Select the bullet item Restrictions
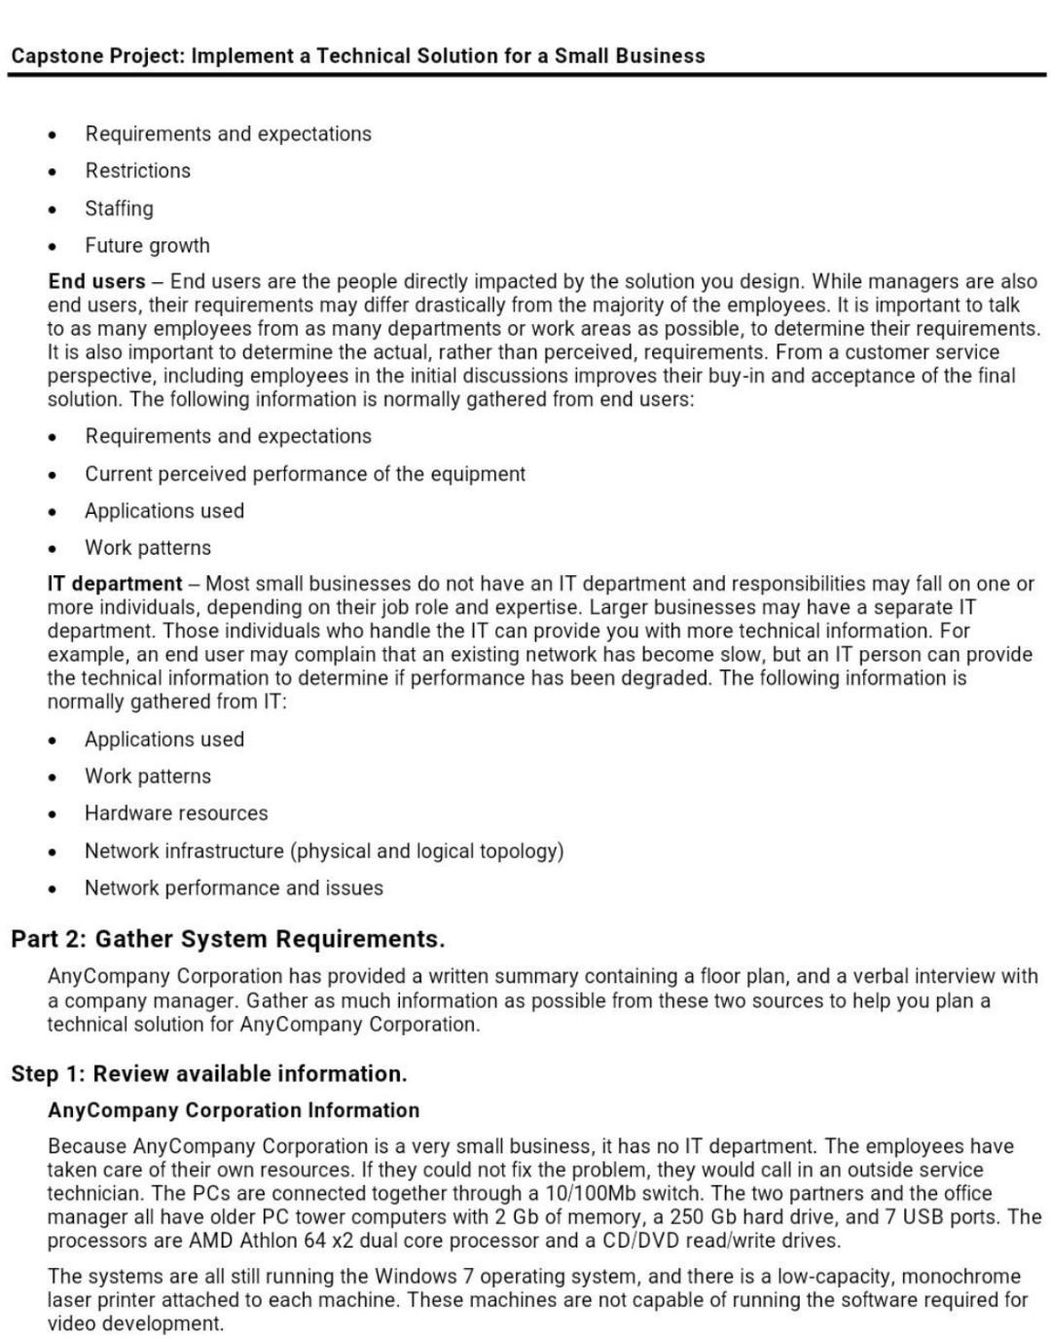click(x=137, y=170)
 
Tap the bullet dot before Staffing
click(x=53, y=209)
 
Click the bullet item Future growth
click(x=147, y=245)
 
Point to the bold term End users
click(x=96, y=281)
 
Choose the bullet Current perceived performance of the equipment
click(x=305, y=474)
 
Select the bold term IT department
click(x=115, y=584)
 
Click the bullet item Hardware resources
click(x=176, y=813)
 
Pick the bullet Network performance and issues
click(x=234, y=887)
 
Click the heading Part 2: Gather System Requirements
click(x=228, y=939)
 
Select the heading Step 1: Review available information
click(x=209, y=1073)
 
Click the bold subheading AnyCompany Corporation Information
click(x=234, y=1110)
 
